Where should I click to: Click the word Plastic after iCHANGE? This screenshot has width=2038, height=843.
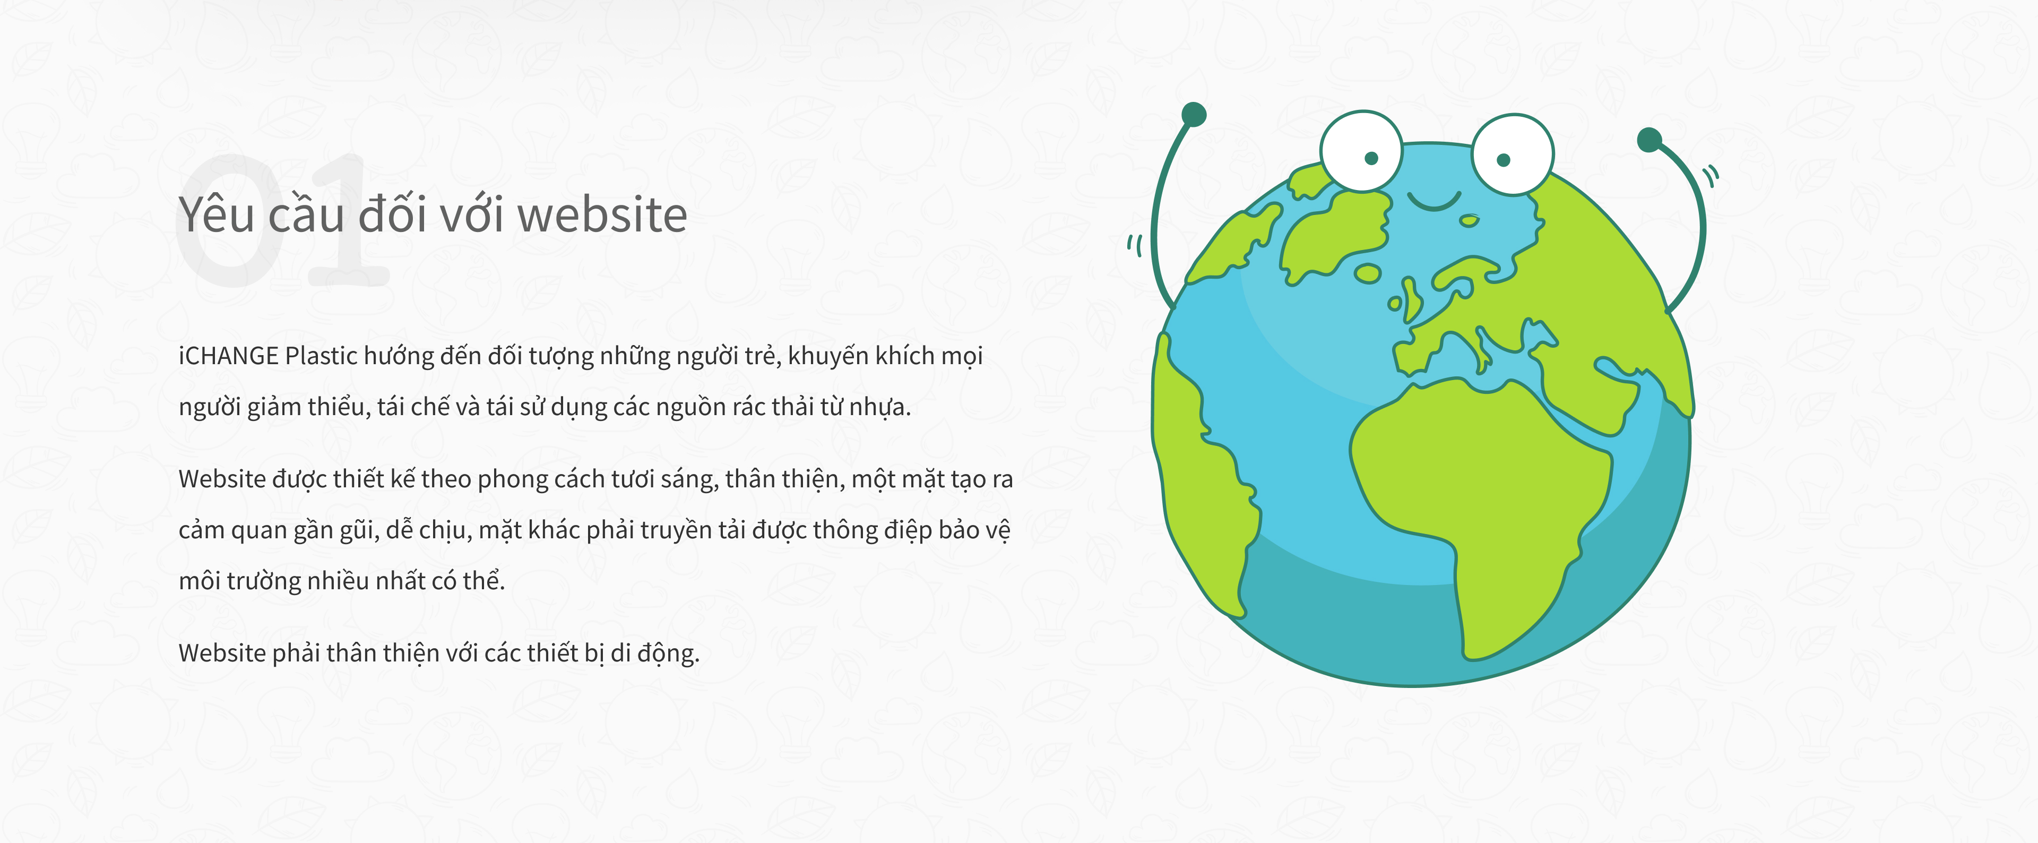321,356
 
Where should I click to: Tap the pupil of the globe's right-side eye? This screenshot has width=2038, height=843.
1504,160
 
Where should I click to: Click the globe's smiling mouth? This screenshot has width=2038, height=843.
1435,203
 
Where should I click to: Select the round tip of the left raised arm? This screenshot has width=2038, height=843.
1194,115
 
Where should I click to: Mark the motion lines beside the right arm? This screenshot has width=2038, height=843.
1711,175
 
